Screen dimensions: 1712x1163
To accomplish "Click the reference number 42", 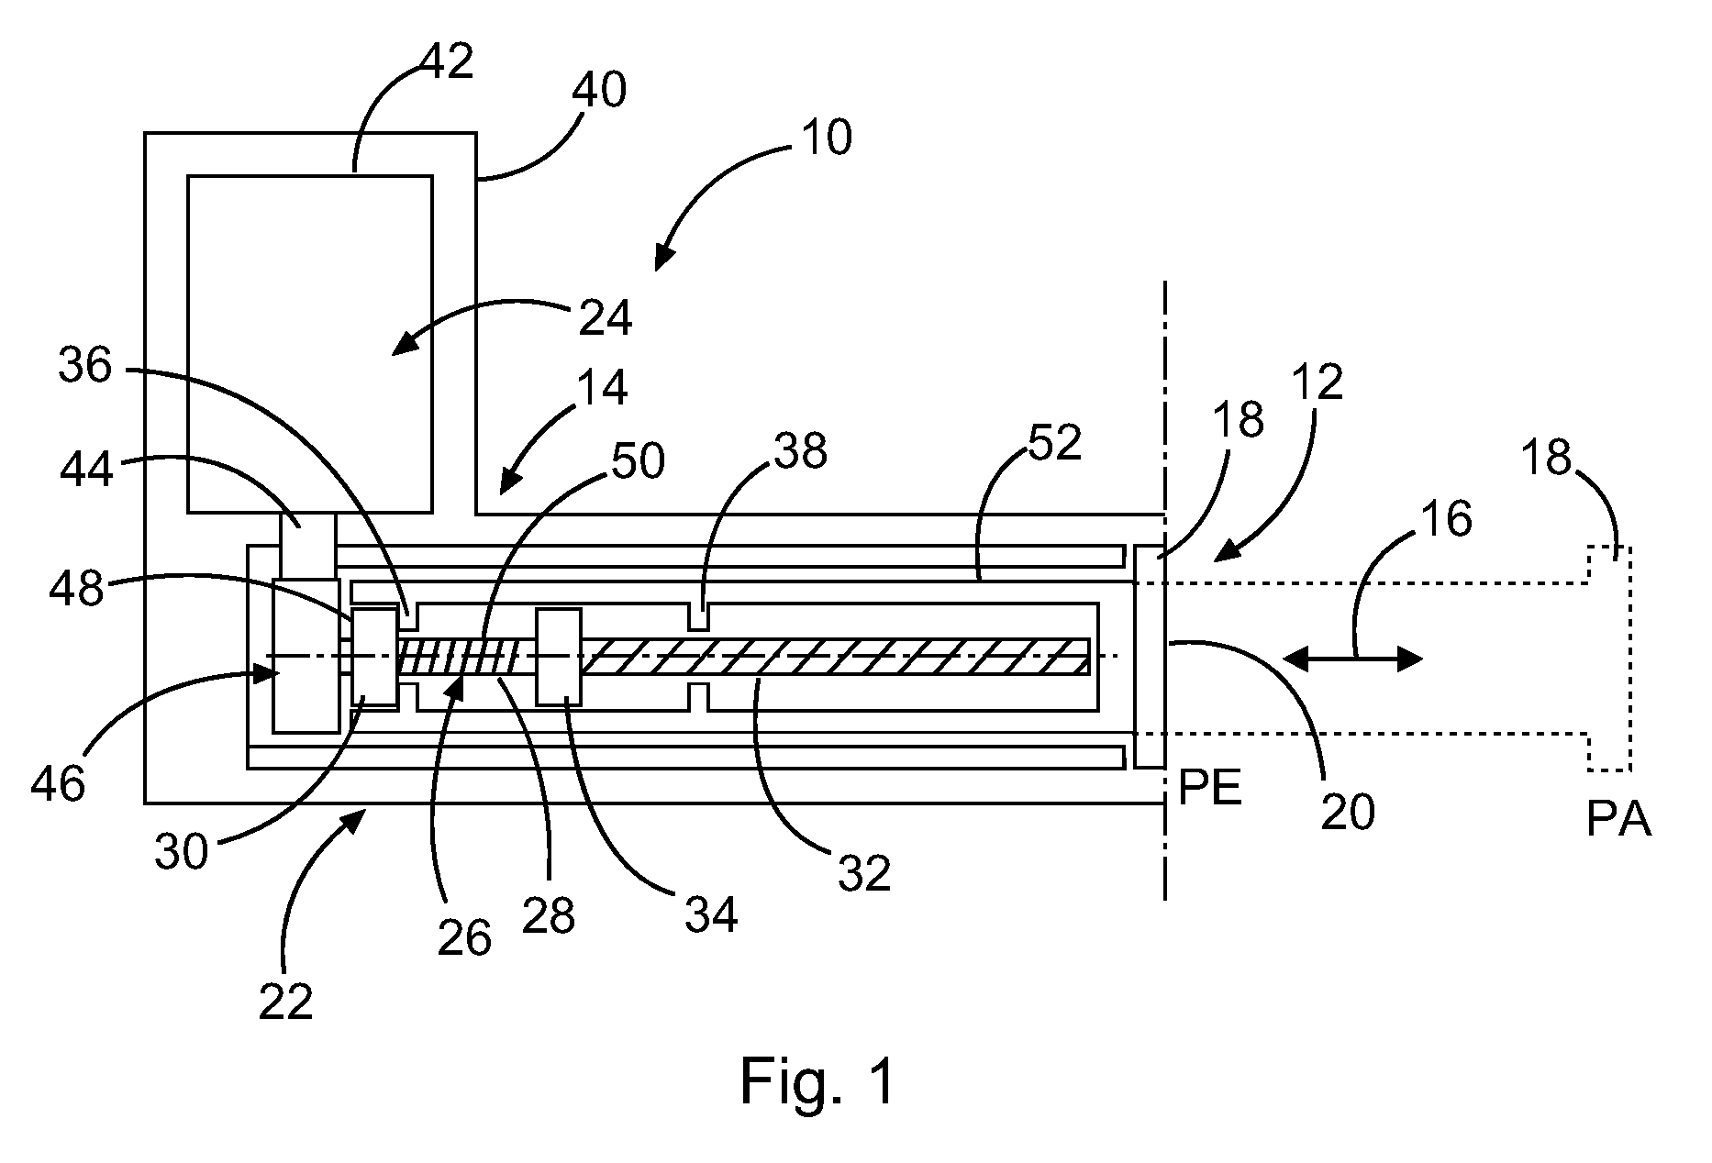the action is (x=447, y=61).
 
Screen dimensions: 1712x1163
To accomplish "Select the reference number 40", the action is (x=599, y=91).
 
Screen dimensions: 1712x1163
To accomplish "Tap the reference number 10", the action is (x=827, y=138).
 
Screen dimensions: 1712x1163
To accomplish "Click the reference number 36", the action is (x=85, y=366).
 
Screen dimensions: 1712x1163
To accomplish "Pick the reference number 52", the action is (x=1056, y=443).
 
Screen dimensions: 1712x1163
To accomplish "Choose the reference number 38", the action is (x=801, y=451).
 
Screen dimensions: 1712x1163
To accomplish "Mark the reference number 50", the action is (x=638, y=462).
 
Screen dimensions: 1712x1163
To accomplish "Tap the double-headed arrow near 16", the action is (x=1352, y=658).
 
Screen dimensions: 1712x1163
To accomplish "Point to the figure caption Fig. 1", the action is (x=817, y=1081).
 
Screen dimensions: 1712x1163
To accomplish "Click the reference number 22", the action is (x=285, y=1002).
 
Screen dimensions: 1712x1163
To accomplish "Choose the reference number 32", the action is (x=864, y=874).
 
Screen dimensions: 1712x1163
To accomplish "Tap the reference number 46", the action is (x=58, y=785).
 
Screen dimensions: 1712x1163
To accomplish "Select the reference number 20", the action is (x=1348, y=812).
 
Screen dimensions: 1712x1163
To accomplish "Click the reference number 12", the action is (x=1318, y=381).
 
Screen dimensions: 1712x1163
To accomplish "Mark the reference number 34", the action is (x=711, y=914).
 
